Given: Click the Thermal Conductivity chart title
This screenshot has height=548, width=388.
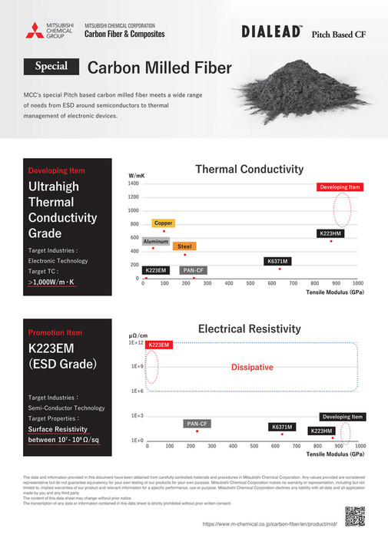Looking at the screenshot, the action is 250,169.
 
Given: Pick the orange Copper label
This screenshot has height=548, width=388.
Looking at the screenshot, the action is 163,223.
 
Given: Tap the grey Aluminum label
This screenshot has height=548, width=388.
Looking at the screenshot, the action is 156,241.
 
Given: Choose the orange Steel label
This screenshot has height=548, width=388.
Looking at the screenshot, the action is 184,246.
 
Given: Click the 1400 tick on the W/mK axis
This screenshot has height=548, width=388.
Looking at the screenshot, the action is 133,183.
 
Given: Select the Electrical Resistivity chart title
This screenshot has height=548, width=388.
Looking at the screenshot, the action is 250,328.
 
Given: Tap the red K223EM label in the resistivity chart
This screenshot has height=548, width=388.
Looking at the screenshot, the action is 159,345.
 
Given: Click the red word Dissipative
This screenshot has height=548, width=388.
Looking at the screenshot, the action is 252,368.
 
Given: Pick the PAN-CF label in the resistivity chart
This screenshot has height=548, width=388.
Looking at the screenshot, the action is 197,424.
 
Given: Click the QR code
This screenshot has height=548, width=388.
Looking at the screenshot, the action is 354,517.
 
